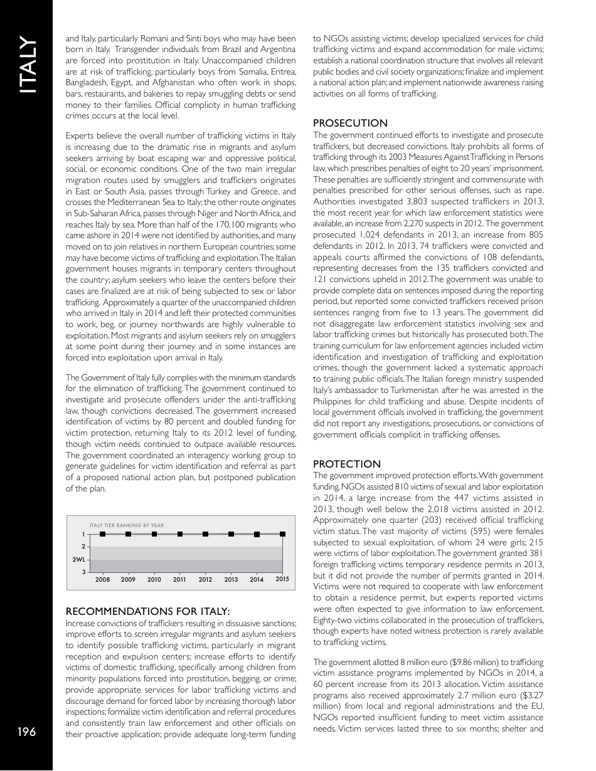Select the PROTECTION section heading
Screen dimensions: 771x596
click(x=346, y=464)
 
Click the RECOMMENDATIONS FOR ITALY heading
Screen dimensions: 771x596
click(x=148, y=611)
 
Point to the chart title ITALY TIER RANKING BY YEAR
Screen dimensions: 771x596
click(x=127, y=525)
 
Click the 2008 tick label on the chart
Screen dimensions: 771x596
click(x=103, y=580)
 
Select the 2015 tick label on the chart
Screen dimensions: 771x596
click(x=282, y=580)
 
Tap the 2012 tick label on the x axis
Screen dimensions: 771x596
click(x=205, y=580)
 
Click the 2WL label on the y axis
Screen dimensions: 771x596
click(x=79, y=559)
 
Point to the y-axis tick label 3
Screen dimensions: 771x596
click(x=84, y=572)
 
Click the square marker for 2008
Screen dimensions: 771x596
click(x=103, y=534)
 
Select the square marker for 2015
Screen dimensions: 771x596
click(x=282, y=534)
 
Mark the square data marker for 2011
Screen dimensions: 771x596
click(x=180, y=534)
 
